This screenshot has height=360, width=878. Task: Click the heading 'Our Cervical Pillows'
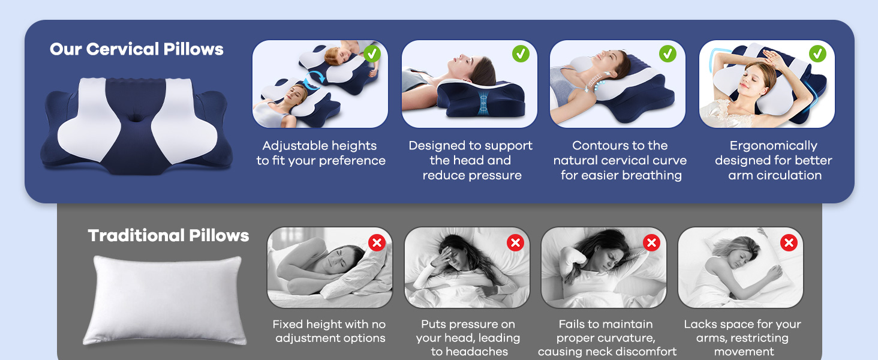pyautogui.click(x=136, y=49)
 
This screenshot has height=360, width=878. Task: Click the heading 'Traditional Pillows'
pyautogui.click(x=168, y=236)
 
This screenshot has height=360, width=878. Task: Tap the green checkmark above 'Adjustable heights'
pyautogui.click(x=372, y=54)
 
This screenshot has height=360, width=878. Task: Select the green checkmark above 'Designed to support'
pyautogui.click(x=521, y=54)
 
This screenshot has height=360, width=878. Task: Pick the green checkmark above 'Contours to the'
pyautogui.click(x=667, y=54)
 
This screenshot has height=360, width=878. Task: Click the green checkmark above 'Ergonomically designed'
pyautogui.click(x=817, y=54)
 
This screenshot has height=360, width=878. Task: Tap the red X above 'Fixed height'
pyautogui.click(x=377, y=243)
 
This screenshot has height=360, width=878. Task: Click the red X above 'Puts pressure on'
pyautogui.click(x=515, y=243)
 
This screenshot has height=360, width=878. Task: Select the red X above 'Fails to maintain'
pyautogui.click(x=651, y=243)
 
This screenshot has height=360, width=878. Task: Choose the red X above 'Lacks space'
pyautogui.click(x=789, y=243)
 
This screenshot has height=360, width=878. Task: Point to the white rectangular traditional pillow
pyautogui.click(x=164, y=300)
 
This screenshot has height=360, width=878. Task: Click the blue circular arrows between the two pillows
pyautogui.click(x=315, y=80)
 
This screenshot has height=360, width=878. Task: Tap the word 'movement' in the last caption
pyautogui.click(x=744, y=352)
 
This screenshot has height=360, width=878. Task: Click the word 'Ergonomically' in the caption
pyautogui.click(x=773, y=146)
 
